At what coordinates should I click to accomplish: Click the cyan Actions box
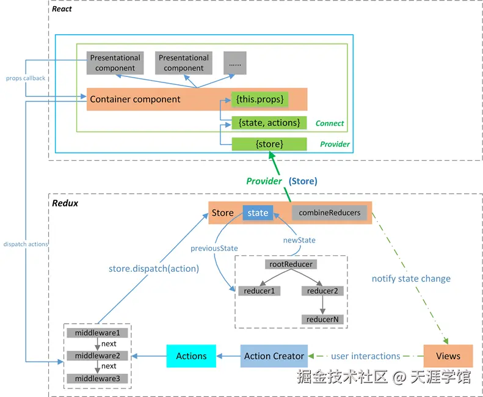[191, 356]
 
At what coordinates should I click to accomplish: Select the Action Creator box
[274, 356]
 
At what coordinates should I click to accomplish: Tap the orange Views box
[448, 356]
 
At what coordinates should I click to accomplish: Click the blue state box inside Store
[258, 213]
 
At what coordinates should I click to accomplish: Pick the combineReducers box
[330, 213]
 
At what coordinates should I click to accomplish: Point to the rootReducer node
[291, 264]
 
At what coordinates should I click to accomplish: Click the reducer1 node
[259, 291]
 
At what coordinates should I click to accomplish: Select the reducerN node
[322, 319]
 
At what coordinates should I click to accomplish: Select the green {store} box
[269, 144]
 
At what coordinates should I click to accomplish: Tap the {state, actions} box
[269, 123]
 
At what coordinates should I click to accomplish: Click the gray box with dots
[234, 63]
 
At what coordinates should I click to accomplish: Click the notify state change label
[411, 279]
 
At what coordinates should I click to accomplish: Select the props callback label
[26, 78]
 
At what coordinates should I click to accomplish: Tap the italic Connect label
[330, 123]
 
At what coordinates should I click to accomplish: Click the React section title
[62, 9]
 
